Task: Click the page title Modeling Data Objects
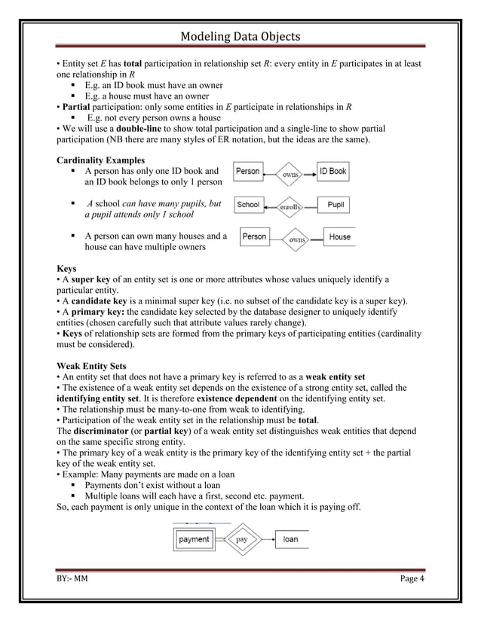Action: pos(240,37)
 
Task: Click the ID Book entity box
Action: pos(332,172)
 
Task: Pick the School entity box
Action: pos(249,205)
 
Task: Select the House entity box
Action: pos(339,237)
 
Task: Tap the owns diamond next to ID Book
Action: pos(290,174)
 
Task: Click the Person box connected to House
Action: pos(254,237)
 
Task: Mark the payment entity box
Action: pos(195,539)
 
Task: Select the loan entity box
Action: pos(290,539)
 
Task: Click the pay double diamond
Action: pos(242,539)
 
